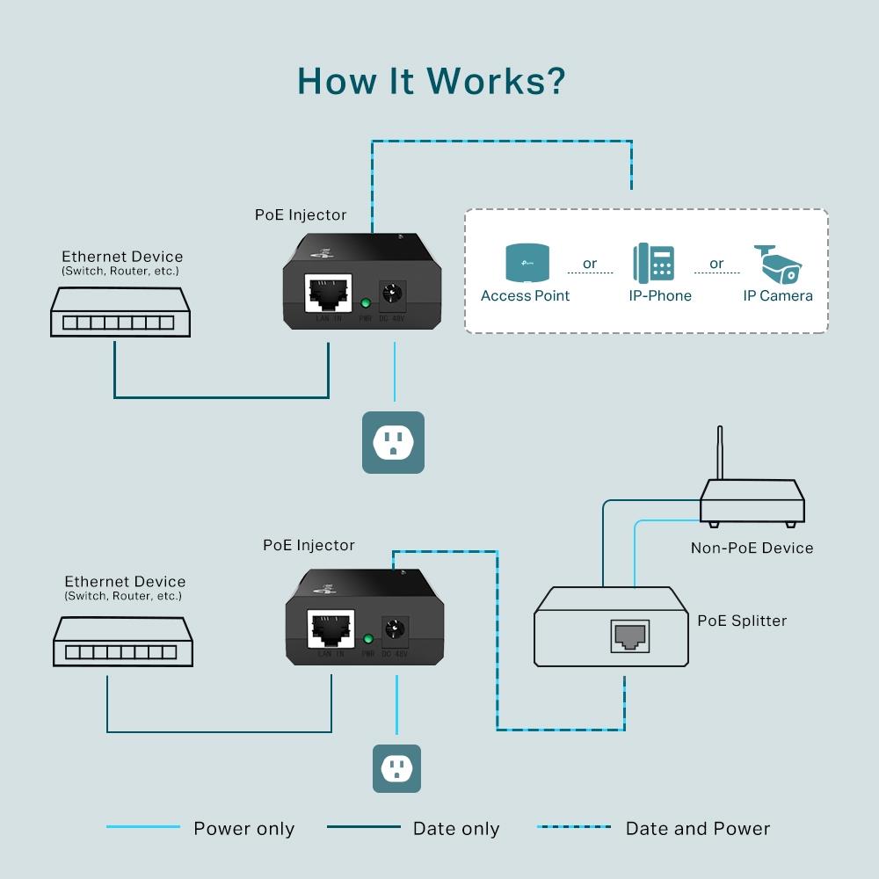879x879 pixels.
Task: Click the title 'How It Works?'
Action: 431,80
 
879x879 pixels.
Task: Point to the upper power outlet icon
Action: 393,442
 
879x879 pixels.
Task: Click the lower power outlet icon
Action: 396,768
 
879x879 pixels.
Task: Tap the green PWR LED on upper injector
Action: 366,304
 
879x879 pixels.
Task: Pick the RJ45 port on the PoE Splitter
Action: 629,636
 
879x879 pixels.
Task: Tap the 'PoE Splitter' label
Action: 742,621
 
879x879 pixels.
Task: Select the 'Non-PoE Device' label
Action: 752,548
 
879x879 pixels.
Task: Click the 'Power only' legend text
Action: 243,829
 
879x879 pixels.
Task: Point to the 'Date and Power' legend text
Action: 697,829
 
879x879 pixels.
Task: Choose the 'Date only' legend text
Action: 455,829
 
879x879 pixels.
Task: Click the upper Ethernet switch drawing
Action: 119,313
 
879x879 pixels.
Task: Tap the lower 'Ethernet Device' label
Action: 125,582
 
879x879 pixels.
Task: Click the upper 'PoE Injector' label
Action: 301,214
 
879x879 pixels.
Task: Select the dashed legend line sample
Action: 573,827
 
